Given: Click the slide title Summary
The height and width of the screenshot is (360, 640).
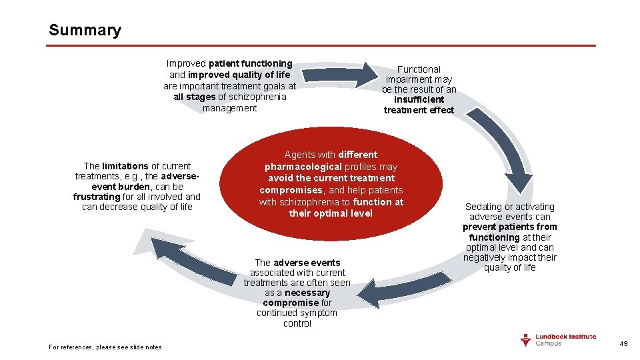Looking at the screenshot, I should [x=85, y=30].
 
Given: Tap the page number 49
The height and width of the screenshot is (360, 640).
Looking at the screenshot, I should [x=624, y=343].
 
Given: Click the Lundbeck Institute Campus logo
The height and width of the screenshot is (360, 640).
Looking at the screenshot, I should [x=558, y=340].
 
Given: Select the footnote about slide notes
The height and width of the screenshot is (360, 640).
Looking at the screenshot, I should [x=105, y=347].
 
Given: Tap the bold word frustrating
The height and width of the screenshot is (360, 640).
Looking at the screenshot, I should [x=97, y=197].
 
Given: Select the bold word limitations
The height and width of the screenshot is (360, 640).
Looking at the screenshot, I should [x=125, y=166].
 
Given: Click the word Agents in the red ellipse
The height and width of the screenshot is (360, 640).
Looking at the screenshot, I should [x=300, y=155].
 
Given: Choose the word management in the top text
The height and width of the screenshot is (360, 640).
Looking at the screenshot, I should [x=229, y=108].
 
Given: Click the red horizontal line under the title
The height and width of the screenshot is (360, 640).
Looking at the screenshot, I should [x=320, y=46].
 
